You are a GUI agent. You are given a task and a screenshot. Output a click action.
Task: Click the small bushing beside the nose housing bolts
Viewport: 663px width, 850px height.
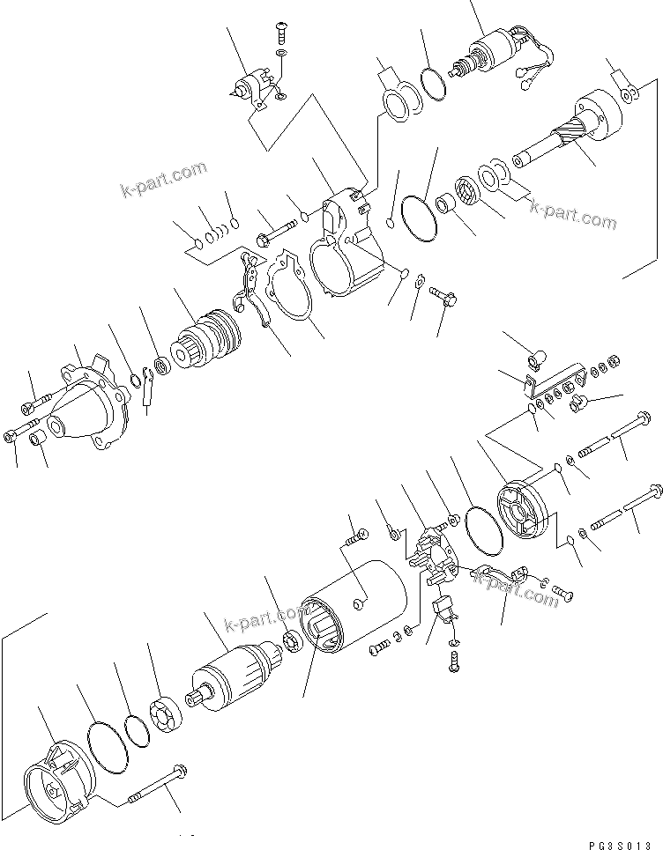[38, 438]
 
